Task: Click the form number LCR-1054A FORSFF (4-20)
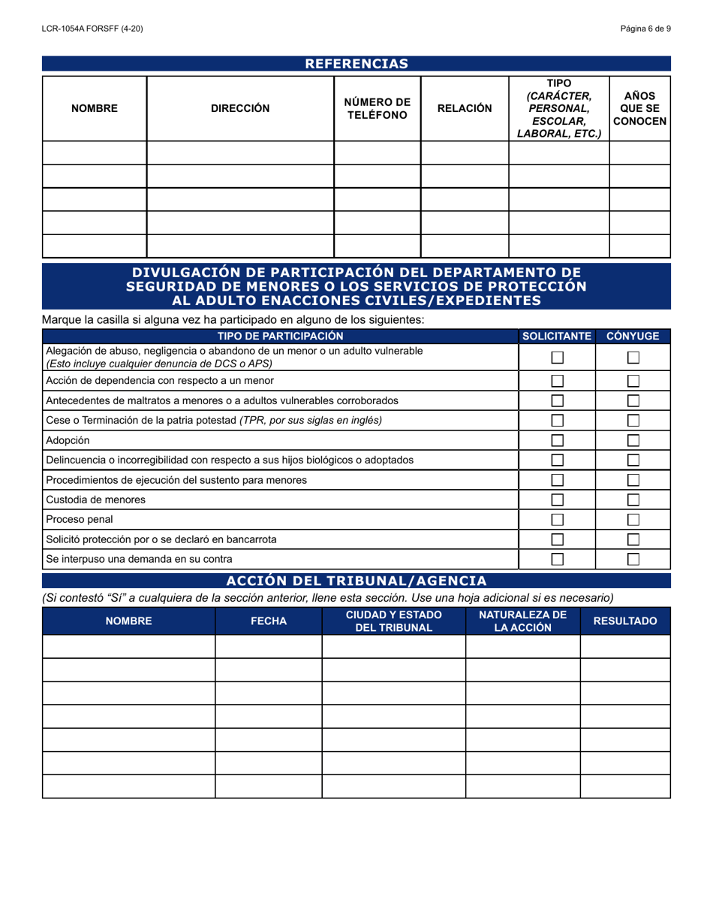[x=92, y=29]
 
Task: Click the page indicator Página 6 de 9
[x=645, y=29]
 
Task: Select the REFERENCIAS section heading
[x=356, y=64]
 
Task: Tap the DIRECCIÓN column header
[x=239, y=108]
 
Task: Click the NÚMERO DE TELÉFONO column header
[x=377, y=108]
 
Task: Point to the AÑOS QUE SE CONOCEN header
[x=639, y=108]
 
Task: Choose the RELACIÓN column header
[x=465, y=108]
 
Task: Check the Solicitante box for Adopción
[x=558, y=441]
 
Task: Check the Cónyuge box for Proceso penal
[x=633, y=519]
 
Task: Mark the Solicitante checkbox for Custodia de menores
[x=558, y=500]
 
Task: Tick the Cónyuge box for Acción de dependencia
[x=633, y=381]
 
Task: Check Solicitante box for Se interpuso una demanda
[x=558, y=558]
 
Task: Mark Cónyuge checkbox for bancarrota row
[x=633, y=539]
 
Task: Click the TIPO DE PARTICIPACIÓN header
[x=280, y=336]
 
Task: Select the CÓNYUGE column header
[x=633, y=336]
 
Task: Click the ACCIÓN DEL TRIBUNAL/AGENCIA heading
[x=356, y=581]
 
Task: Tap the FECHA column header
[x=269, y=621]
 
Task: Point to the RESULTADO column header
[x=625, y=621]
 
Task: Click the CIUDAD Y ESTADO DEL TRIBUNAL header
[x=393, y=621]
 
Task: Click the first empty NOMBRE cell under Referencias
[x=95, y=152]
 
